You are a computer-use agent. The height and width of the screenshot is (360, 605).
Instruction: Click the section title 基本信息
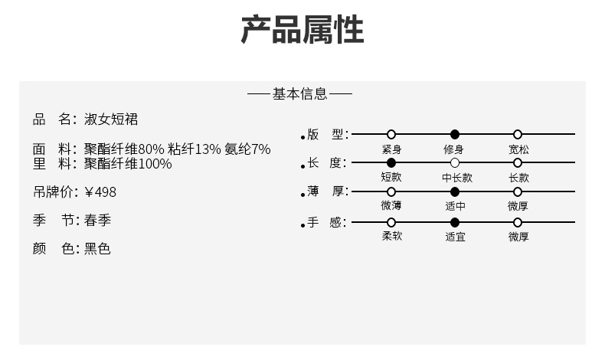click(299, 94)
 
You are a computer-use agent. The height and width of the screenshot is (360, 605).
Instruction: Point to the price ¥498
click(100, 191)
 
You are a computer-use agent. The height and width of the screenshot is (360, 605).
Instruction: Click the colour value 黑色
click(97, 249)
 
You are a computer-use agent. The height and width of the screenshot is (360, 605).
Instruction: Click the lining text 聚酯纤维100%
click(128, 164)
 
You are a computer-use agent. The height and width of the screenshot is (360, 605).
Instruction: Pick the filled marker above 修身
click(455, 134)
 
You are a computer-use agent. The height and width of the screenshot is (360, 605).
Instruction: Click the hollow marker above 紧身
click(391, 134)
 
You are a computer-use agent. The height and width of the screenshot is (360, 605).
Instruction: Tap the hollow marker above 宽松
click(518, 134)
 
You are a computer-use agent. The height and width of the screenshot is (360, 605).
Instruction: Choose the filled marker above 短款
click(391, 162)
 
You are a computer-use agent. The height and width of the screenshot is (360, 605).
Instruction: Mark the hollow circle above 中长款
click(455, 162)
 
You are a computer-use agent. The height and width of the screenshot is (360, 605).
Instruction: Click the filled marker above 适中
click(455, 191)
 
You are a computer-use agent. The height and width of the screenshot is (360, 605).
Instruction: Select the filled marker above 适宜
click(455, 222)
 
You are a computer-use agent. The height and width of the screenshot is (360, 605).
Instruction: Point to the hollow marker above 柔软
click(391, 222)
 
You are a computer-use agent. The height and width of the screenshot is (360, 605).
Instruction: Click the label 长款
click(518, 177)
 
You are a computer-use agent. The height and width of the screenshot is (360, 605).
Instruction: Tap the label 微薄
click(391, 206)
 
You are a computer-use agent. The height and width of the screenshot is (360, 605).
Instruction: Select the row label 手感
click(326, 223)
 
